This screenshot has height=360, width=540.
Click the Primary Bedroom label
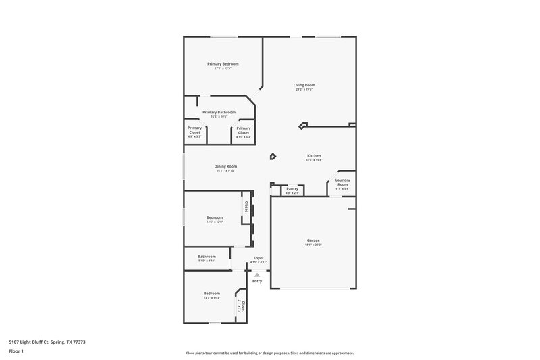(222, 64)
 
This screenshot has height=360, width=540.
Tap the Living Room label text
(304, 86)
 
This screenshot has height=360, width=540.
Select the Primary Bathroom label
(219, 113)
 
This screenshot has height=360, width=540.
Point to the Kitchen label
(314, 156)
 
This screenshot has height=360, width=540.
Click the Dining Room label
(225, 167)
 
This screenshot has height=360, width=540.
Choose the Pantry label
(292, 189)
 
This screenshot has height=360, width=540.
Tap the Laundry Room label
(342, 182)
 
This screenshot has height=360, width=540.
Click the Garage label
(313, 241)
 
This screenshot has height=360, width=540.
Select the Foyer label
(259, 259)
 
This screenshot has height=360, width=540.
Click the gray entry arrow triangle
(256, 275)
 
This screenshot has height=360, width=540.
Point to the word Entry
(257, 281)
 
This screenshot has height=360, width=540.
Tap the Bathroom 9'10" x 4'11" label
(207, 257)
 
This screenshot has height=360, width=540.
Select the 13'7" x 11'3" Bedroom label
(212, 294)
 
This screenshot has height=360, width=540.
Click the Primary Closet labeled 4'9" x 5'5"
(194, 130)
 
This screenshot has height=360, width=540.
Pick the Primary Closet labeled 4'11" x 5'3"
(244, 130)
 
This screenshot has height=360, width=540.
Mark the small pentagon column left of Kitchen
(273, 157)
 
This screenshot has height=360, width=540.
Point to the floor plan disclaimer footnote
(269, 353)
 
